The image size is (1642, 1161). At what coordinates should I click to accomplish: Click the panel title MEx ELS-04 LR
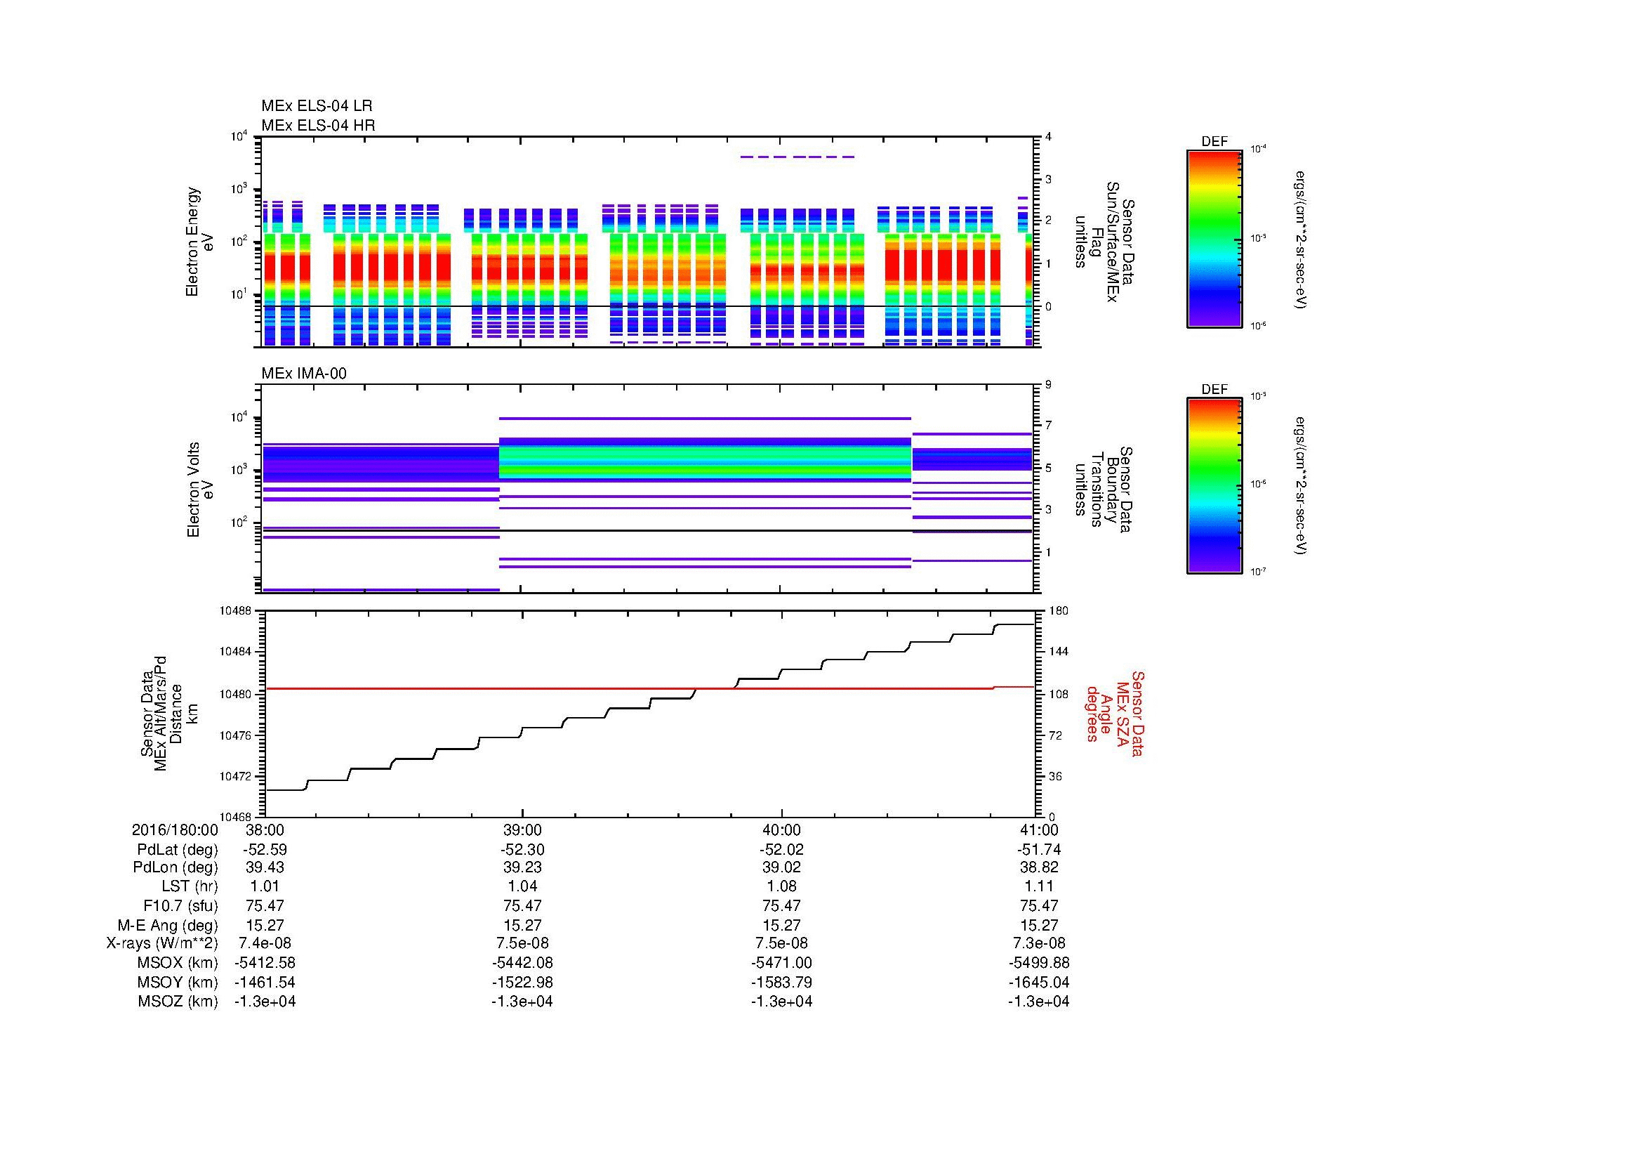[316, 106]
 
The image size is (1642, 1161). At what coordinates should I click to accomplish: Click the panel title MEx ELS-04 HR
[317, 125]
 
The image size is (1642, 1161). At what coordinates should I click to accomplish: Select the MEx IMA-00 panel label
[303, 374]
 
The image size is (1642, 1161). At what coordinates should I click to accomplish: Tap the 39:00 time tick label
[522, 829]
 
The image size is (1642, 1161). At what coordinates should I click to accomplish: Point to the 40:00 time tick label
[781, 829]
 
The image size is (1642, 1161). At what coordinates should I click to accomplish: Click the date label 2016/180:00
[175, 829]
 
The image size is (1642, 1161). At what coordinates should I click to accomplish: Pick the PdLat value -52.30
[522, 850]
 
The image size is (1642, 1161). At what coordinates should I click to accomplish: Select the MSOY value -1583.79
[781, 982]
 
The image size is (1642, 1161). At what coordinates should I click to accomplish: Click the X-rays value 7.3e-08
[1038, 943]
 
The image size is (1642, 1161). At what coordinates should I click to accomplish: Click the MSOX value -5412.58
[265, 963]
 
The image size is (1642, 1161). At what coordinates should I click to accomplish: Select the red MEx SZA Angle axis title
[1114, 713]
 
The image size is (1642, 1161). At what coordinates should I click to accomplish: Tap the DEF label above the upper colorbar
[1214, 142]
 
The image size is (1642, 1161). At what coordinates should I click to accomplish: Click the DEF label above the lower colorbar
[1214, 389]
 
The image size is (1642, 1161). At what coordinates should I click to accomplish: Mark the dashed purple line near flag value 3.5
[797, 157]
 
